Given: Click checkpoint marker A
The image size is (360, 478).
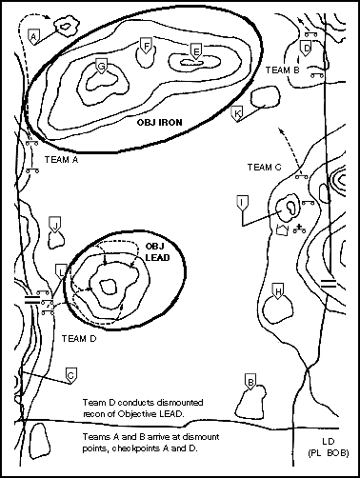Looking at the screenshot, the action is coord(33,36).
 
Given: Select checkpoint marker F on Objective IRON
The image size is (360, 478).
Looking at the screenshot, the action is coord(146,46).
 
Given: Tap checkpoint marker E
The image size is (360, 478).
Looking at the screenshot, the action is coord(196,50).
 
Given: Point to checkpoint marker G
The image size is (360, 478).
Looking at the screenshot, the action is coord(101,66).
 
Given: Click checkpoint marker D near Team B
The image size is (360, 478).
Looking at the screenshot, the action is coord(306,49).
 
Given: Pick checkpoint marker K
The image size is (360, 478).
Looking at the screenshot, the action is coord(237,113).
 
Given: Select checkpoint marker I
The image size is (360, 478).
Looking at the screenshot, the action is coord(243,204).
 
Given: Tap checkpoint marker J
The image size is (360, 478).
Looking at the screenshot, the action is coord(55,225).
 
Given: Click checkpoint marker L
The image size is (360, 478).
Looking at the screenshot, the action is coord(61,271).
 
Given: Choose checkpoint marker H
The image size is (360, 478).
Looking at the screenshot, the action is coord(278,291).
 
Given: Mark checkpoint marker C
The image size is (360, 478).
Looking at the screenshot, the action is coord(71,375).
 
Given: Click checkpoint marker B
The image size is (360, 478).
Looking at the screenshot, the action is coord(250,382).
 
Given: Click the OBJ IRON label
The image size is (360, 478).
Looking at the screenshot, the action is coord(160,123).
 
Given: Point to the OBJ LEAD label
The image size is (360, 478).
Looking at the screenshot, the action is coord(157,252).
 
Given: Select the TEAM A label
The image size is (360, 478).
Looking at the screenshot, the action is coord(61,159).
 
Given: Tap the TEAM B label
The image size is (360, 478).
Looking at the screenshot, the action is coord(283,70).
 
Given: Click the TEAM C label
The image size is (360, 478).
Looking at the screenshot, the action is coord(265,167).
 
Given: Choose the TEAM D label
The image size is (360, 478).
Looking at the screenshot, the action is coord(79,339).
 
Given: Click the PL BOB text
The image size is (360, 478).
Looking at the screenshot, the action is coord(329,453).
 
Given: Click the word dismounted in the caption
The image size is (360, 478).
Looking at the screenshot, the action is coord(179,403).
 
